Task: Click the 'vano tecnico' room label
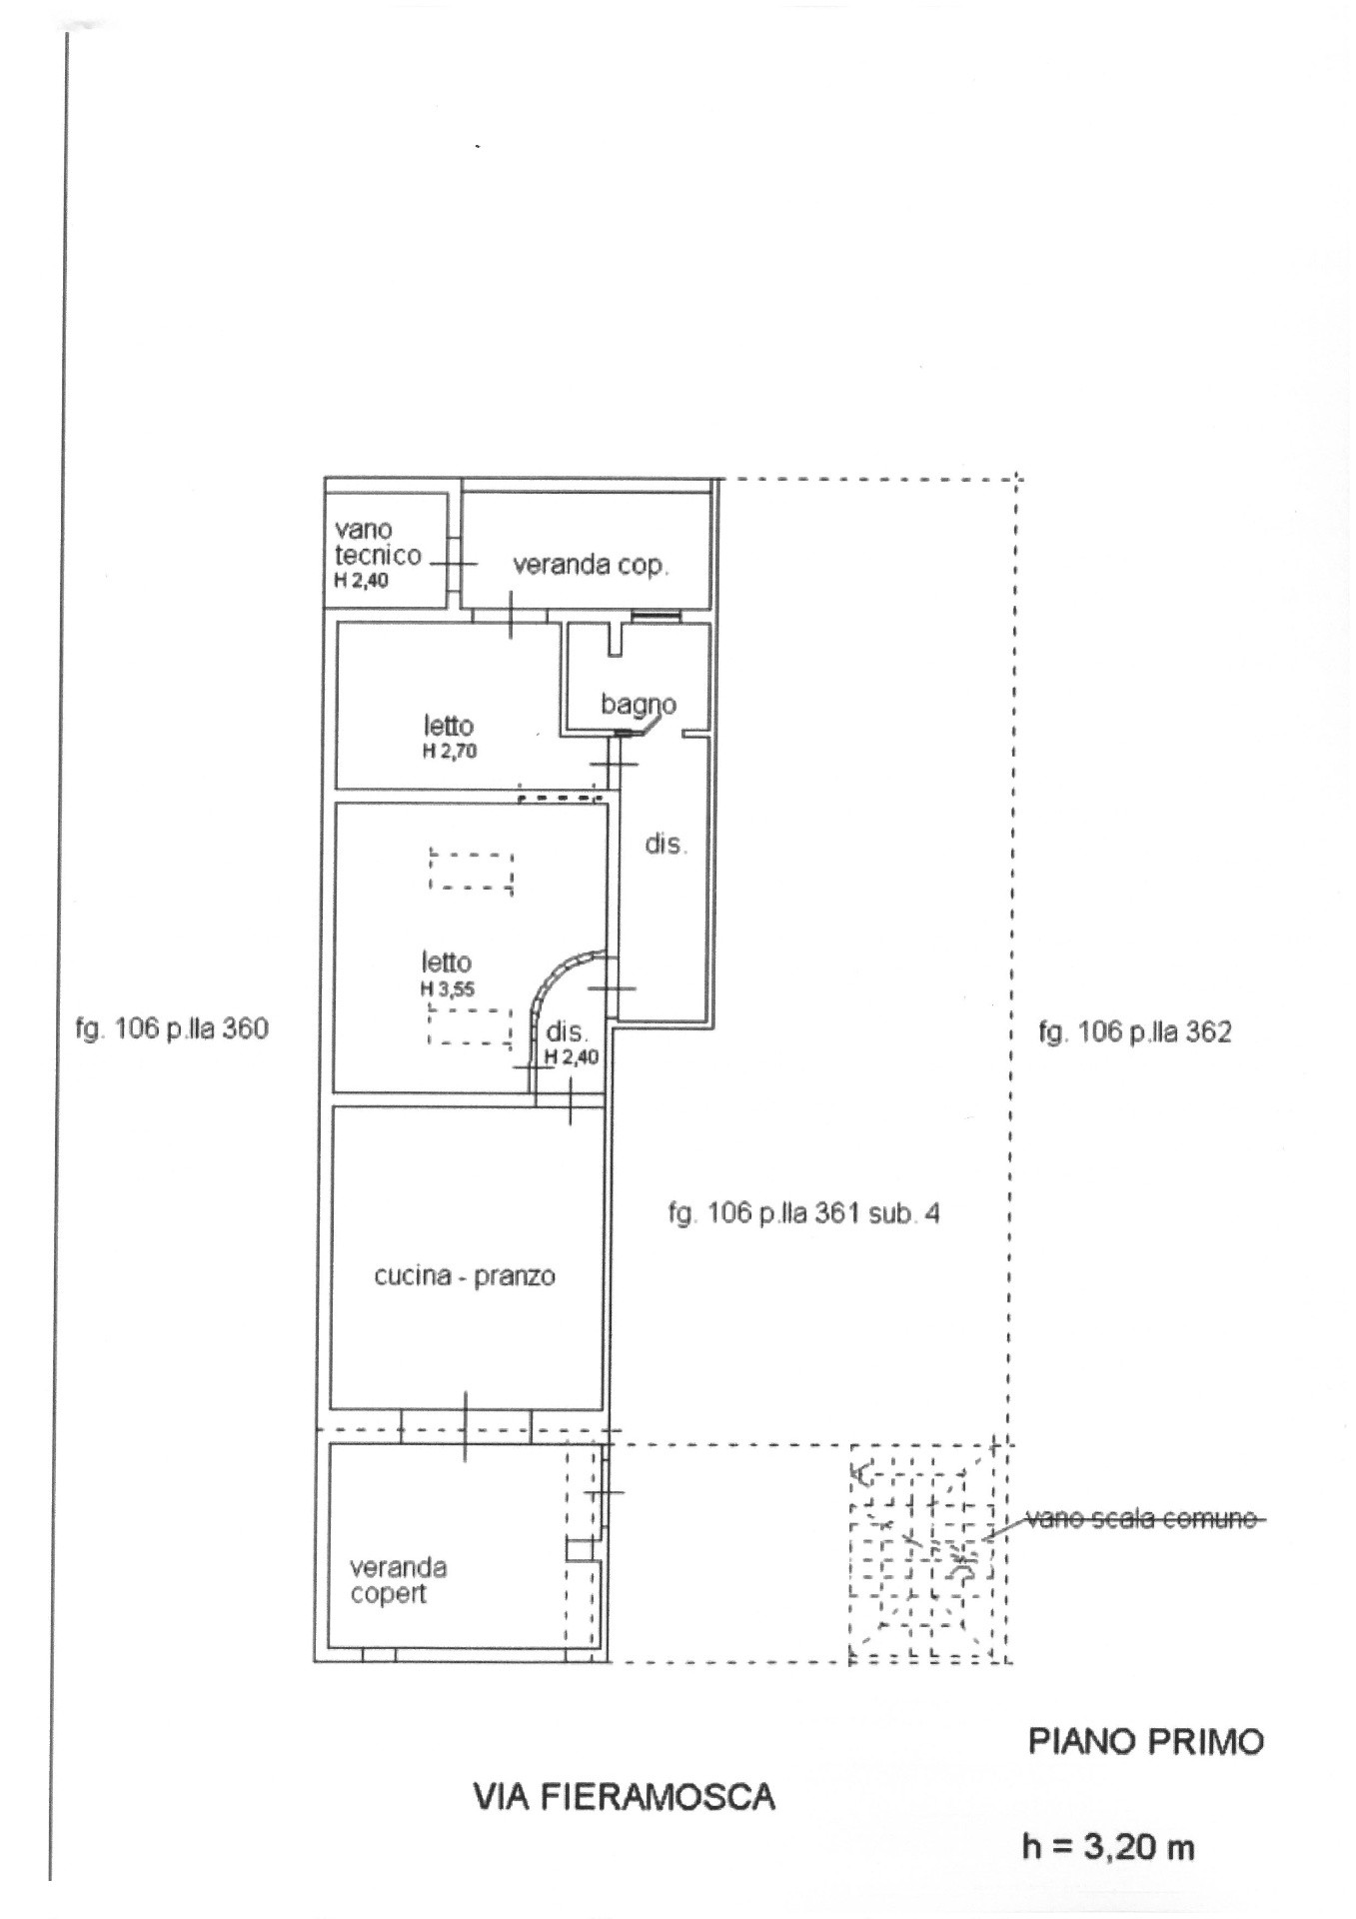377,543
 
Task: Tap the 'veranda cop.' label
591,565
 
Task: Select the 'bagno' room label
638,704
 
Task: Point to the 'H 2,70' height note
449,752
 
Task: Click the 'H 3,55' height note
447,989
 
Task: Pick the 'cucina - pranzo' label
464,1276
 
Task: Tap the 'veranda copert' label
397,1580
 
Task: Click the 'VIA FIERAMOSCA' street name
624,1798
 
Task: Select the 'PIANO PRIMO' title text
1145,1742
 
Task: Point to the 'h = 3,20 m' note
1107,1847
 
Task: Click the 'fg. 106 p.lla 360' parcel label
172,1028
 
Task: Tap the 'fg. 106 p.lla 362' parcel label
1134,1031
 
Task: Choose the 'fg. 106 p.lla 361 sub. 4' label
803,1213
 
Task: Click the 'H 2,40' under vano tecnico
361,581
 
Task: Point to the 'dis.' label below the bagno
666,845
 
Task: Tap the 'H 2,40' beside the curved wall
571,1056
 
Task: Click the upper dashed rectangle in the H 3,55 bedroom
471,870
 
